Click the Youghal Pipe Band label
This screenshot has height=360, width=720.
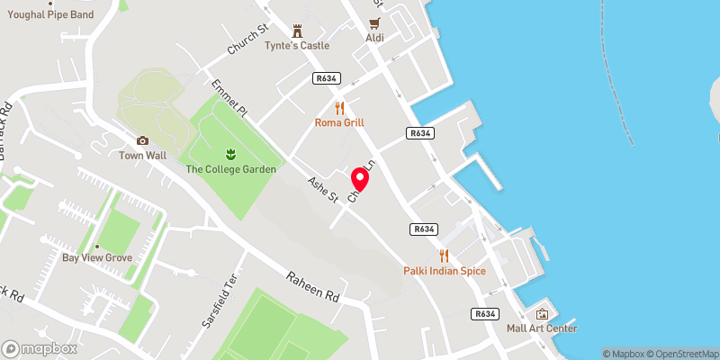(x=49, y=14)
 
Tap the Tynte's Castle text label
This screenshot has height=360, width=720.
(x=296, y=46)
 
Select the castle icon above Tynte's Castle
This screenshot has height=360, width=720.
(x=296, y=29)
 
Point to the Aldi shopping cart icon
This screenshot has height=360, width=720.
(x=375, y=24)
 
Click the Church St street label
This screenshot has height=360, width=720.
(x=248, y=40)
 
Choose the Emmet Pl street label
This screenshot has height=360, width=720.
(x=229, y=99)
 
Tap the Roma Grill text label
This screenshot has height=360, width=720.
(x=339, y=122)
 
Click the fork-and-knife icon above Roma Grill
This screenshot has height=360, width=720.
(x=339, y=106)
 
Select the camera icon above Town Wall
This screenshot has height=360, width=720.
(x=142, y=140)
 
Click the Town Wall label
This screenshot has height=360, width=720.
(x=142, y=155)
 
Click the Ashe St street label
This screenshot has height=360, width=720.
(x=321, y=189)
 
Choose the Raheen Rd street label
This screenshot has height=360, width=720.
(x=312, y=287)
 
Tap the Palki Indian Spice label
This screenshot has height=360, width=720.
(x=444, y=271)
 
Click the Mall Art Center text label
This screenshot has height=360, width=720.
(x=541, y=328)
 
